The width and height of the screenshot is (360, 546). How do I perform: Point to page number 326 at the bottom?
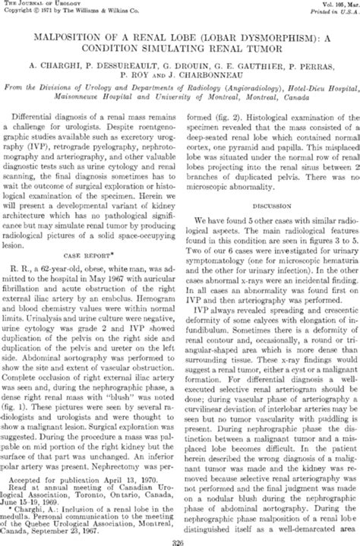tap(179, 541)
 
